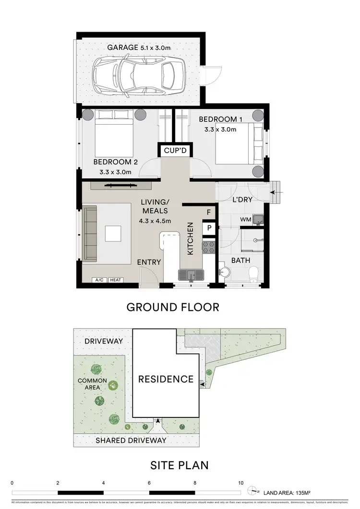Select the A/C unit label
coord(99,280)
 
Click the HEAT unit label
coord(115,280)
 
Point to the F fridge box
coord(209,212)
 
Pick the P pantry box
coord(209,228)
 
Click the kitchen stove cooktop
coord(210,247)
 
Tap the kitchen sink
coord(191,274)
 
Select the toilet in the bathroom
coord(255,274)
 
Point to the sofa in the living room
coord(90,233)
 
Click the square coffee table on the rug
coord(114,234)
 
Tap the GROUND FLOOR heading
coord(173,307)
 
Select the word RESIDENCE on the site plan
coord(166,379)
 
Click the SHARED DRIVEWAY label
coord(131,440)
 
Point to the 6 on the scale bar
coord(149,483)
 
